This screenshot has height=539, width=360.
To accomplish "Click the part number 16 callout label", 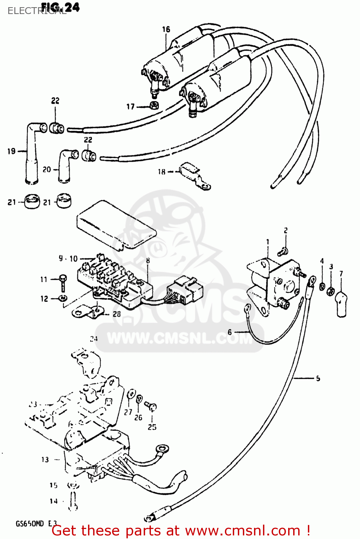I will (x=166, y=29).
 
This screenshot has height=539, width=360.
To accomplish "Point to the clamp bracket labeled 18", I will (x=194, y=176).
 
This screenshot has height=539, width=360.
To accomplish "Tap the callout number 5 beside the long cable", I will (x=318, y=378).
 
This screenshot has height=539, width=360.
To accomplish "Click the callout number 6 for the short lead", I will (x=230, y=332).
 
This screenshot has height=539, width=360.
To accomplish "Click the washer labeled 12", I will (x=63, y=298).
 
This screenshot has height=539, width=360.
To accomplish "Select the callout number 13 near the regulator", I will (x=45, y=460).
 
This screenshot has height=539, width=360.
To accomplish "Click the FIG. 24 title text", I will (x=60, y=7).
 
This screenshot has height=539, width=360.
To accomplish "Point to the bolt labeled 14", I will (x=73, y=501).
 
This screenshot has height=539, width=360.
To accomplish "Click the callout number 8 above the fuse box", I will (x=148, y=261).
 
